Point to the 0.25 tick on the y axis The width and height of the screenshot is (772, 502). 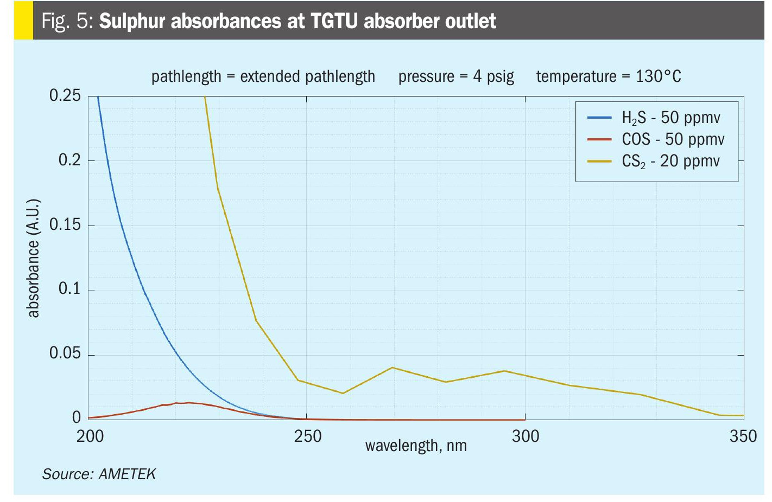point(65,95)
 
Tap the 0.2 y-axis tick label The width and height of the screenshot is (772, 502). point(69,160)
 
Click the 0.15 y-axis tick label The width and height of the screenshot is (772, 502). point(65,224)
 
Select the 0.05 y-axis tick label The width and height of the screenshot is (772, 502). point(65,353)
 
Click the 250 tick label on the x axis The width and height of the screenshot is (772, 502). point(307,436)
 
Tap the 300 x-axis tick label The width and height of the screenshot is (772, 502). point(526,436)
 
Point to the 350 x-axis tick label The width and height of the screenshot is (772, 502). point(743,436)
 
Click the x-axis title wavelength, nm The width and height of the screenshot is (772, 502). point(416,446)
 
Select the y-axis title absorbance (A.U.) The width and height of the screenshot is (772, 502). point(33,258)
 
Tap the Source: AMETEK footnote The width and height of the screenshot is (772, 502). point(99,474)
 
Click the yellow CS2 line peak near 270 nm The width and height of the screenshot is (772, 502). point(392,368)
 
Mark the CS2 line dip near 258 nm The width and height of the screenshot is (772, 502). point(343,393)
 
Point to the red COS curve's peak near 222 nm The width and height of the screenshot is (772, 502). point(188,402)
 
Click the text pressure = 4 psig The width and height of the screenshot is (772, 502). point(456,76)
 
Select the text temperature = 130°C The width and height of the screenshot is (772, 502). point(608,76)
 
